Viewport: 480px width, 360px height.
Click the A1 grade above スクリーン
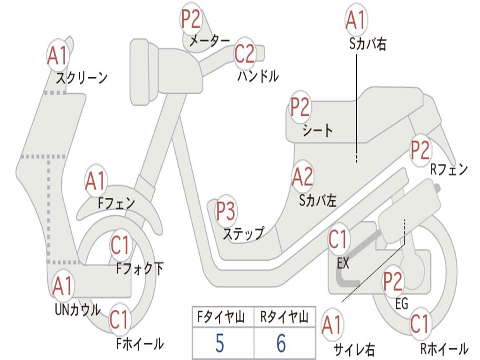[58, 56]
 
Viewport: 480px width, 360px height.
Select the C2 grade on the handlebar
[245, 53]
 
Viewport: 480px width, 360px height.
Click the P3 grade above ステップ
[226, 210]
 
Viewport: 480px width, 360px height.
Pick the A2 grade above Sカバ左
[303, 176]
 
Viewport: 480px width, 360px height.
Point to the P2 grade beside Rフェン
[420, 150]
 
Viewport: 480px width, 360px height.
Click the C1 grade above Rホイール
[420, 323]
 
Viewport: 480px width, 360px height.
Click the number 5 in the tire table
[220, 343]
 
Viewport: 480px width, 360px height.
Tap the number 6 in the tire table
[281, 343]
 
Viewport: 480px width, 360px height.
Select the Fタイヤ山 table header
[221, 317]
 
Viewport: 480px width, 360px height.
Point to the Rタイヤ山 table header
[285, 317]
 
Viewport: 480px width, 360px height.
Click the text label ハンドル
[258, 76]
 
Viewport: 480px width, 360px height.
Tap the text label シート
[317, 130]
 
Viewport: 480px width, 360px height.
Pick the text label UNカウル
[78, 309]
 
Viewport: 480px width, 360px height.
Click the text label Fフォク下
[140, 269]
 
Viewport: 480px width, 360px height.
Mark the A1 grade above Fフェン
[96, 180]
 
